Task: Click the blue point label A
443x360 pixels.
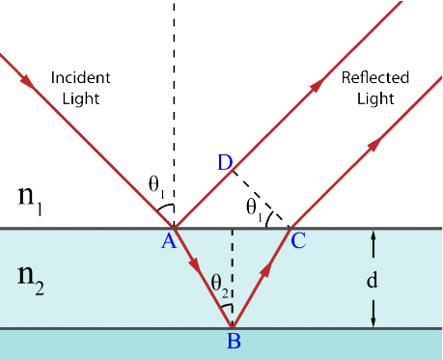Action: [x=169, y=241]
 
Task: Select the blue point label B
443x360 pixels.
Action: [x=234, y=341]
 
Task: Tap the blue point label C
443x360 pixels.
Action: [x=298, y=240]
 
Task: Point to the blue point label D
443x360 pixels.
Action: [x=225, y=162]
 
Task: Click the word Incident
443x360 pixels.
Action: [x=81, y=77]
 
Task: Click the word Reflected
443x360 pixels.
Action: [x=375, y=77]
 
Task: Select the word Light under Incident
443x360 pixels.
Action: [x=81, y=98]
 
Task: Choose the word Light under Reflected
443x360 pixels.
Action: [x=375, y=98]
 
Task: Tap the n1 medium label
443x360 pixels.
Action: [x=30, y=200]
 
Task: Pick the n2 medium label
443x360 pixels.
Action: [x=31, y=280]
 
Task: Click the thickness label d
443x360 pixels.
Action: [x=373, y=280]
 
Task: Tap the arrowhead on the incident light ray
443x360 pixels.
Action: [x=27, y=81]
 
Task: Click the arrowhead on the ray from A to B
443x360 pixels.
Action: [x=195, y=263]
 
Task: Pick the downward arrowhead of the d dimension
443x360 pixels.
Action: [x=374, y=322]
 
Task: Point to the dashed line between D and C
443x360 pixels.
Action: [x=262, y=199]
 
